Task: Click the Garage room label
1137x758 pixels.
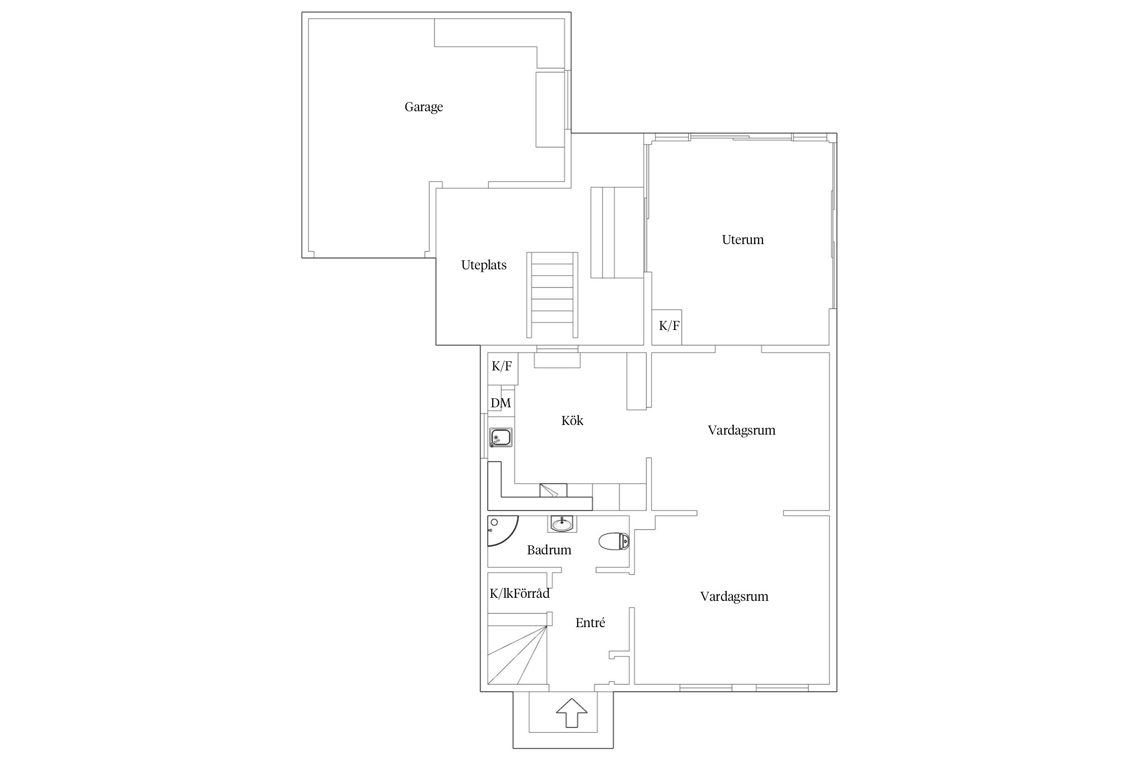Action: (423, 107)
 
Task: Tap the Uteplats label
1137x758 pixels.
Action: (484, 265)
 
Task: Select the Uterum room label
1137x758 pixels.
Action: (742, 240)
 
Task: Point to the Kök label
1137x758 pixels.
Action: (572, 420)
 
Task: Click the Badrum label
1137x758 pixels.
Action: (549, 550)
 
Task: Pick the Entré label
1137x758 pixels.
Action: (590, 623)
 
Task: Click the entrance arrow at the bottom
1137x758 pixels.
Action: (572, 713)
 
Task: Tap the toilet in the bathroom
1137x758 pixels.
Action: (614, 541)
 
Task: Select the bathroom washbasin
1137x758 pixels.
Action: (561, 524)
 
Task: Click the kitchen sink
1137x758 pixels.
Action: (501, 438)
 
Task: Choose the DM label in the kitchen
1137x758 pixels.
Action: (501, 403)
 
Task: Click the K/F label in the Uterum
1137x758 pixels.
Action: (669, 326)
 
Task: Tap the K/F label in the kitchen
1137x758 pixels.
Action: (502, 366)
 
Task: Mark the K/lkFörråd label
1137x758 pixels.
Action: (519, 593)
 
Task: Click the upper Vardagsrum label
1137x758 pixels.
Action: (741, 431)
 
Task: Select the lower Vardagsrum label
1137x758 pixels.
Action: (734, 597)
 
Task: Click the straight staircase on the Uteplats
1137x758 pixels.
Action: (552, 295)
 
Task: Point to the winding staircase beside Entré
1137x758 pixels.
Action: (518, 649)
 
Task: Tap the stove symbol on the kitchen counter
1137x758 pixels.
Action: (553, 490)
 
